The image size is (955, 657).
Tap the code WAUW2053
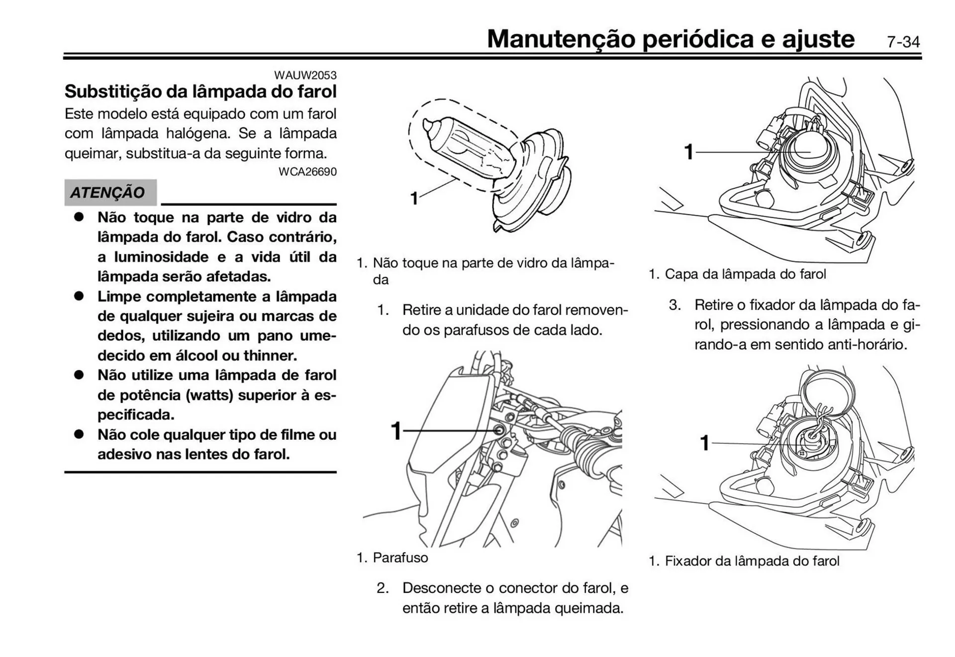[x=305, y=75]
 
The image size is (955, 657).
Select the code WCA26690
[x=307, y=172]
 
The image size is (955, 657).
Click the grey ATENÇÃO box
[x=110, y=192]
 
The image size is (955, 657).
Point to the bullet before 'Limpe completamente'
[x=79, y=296]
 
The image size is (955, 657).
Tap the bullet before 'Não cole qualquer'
[x=79, y=434]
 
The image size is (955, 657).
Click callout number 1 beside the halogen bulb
[x=414, y=198]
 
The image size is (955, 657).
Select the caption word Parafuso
[x=400, y=558]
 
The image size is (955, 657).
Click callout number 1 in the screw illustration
[x=396, y=431]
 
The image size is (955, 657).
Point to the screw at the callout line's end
[x=499, y=430]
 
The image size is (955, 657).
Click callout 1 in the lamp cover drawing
[x=688, y=152]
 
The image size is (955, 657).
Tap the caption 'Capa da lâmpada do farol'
[x=745, y=274]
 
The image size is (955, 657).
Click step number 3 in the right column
[x=674, y=304]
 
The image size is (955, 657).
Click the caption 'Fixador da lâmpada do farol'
[x=752, y=561]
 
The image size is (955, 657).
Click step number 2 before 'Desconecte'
[x=382, y=588]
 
